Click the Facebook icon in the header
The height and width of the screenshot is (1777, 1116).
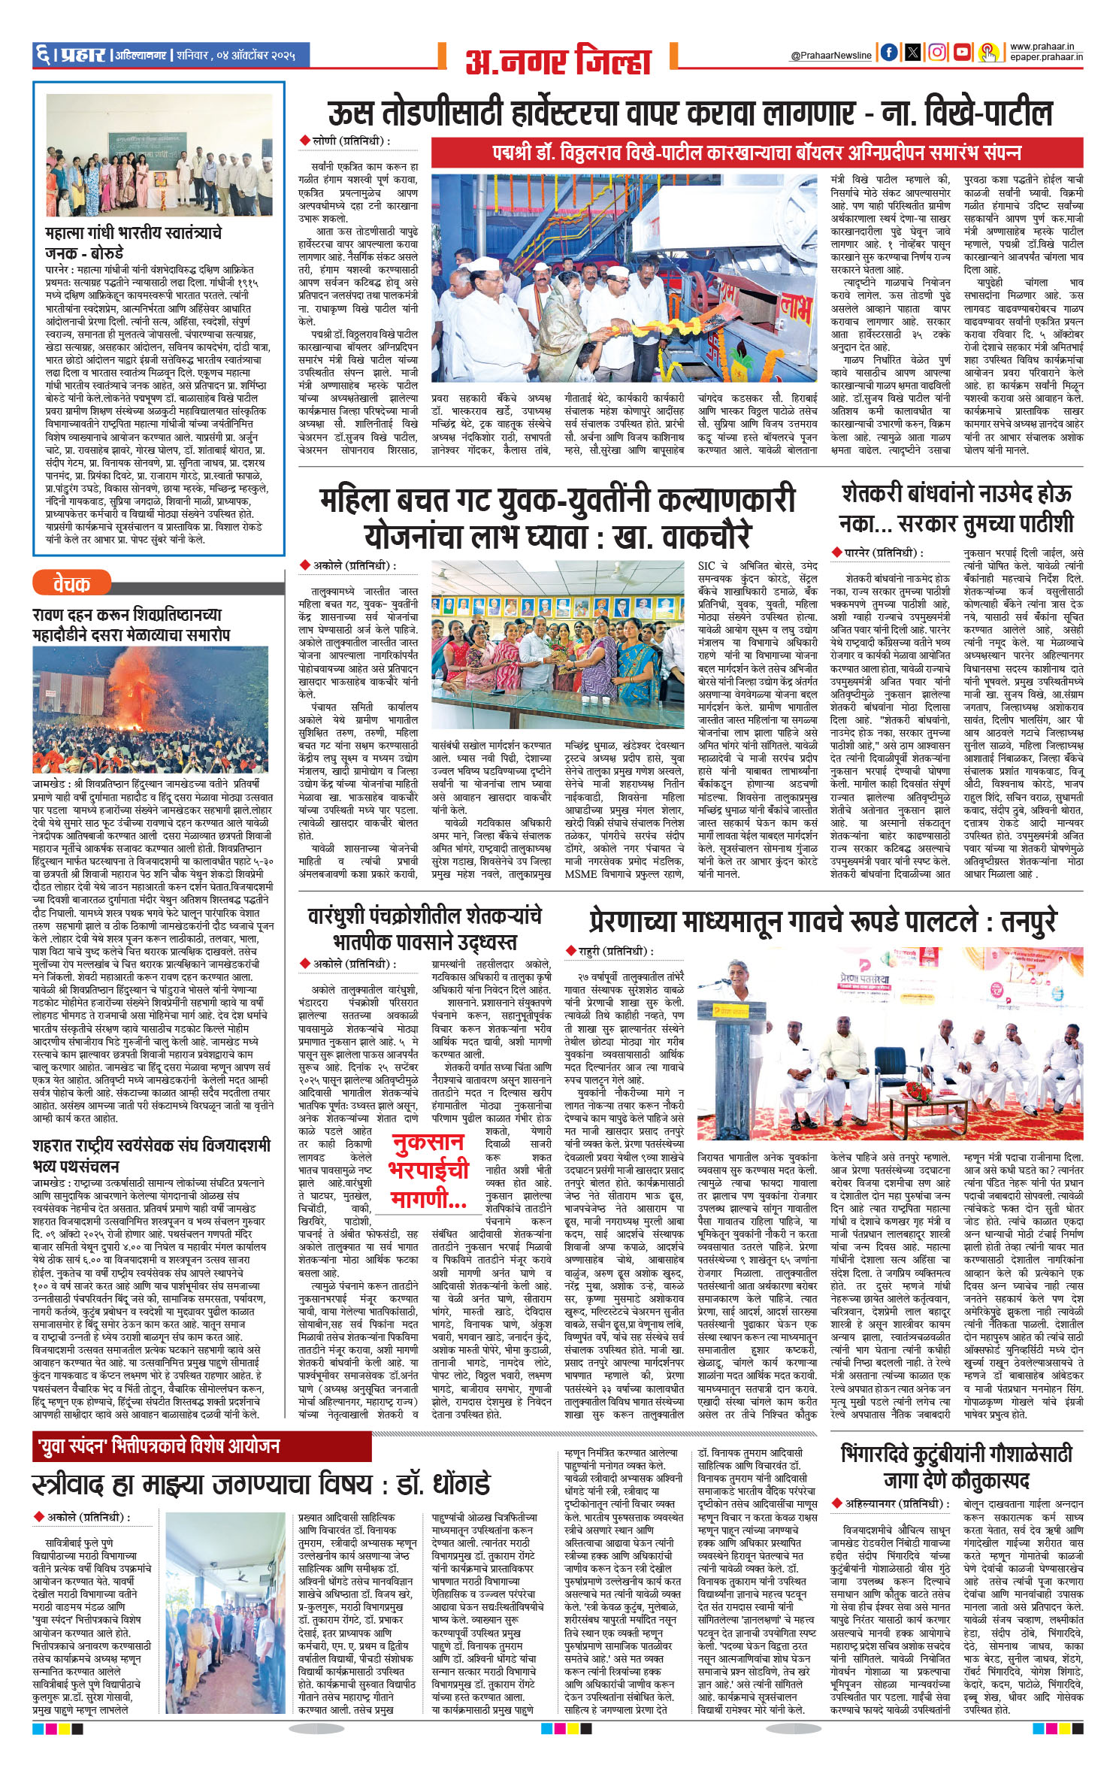(889, 53)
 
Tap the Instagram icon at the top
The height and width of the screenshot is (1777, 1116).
(937, 53)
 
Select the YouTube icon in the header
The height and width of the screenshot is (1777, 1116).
(961, 53)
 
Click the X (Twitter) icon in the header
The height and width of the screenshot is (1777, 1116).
(913, 53)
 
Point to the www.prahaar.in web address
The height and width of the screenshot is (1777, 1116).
(1046, 47)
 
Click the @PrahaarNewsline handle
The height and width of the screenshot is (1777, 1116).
(831, 56)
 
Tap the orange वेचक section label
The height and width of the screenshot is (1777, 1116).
(71, 583)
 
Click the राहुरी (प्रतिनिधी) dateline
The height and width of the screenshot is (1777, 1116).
(609, 952)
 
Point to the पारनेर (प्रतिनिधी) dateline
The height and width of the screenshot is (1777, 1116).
(879, 553)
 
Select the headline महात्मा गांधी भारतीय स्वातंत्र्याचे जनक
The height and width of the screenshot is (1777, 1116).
(133, 241)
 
